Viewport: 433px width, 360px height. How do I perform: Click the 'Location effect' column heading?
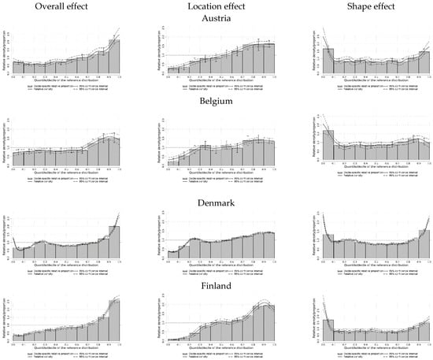[217, 7]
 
